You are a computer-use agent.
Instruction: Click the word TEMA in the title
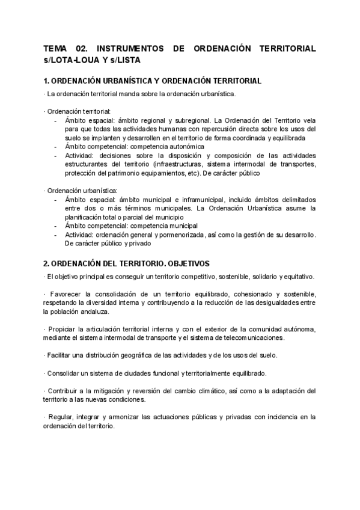(55, 48)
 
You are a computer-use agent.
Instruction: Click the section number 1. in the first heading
(46, 81)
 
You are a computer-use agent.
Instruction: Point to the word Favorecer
(63, 294)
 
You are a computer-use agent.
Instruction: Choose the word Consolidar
(63, 373)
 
